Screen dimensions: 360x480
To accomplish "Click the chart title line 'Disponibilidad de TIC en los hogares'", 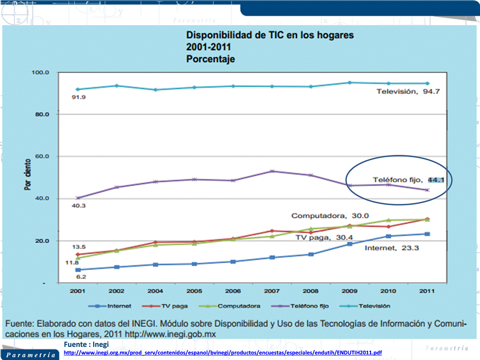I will coord(270,36).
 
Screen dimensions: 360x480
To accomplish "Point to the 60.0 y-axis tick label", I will coord(41,157).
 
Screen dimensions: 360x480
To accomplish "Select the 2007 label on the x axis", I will coord(272,291).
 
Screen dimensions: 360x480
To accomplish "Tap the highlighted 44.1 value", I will coord(436,179).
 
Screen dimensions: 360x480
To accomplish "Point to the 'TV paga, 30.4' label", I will coord(320,238).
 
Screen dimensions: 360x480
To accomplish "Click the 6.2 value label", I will coord(80,277).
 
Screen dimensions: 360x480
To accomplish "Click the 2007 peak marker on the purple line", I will coord(272,171).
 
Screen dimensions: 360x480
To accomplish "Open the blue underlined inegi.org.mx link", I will coord(223,353).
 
